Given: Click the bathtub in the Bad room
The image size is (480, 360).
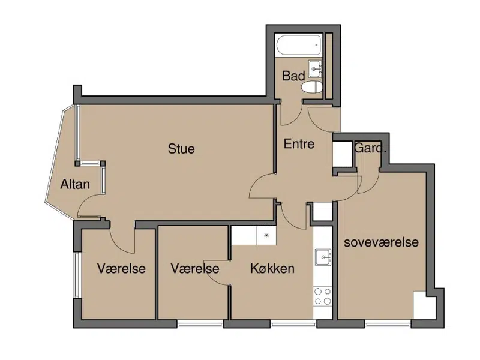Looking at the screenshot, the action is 299,46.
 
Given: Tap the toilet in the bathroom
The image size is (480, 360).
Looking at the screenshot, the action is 312,87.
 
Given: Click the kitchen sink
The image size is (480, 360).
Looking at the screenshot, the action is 323,257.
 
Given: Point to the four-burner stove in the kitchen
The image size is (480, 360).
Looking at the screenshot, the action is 323,296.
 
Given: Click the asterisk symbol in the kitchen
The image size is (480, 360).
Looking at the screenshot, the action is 266,235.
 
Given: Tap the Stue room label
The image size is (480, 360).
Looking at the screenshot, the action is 181,149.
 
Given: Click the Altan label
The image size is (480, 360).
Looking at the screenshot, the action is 75,184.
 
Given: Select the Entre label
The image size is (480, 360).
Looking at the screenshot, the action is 299,144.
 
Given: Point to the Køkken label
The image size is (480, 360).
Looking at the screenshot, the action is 272,268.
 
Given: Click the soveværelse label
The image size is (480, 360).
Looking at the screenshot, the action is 381,242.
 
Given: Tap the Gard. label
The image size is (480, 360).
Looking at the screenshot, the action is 370,148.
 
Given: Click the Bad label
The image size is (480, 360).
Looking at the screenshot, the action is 293,76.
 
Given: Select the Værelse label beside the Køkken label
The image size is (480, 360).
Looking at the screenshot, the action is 195,268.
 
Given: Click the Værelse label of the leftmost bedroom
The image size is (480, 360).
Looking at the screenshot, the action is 121,268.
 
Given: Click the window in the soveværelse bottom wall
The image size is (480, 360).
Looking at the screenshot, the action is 388,323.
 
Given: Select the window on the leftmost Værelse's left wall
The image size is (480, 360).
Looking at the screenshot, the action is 77,275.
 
